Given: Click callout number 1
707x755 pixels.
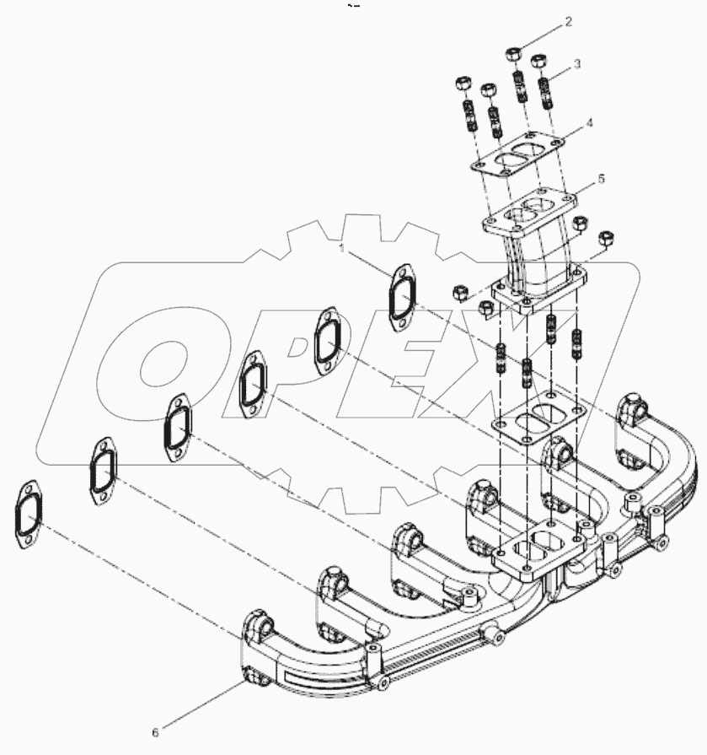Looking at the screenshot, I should (x=340, y=248).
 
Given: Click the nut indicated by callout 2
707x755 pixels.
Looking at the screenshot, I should (x=513, y=55).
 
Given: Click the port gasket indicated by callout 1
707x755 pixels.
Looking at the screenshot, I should (x=402, y=296).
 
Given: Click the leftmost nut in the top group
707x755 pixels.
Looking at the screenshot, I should (x=463, y=84).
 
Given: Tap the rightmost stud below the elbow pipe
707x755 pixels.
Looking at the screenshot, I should (x=578, y=346).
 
